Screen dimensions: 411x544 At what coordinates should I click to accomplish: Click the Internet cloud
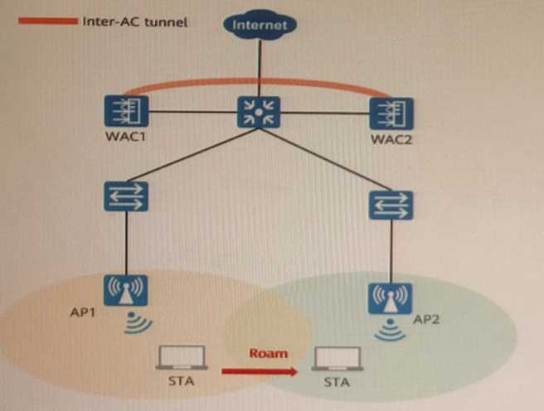(260, 24)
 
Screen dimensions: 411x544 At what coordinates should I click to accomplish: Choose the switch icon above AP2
(389, 204)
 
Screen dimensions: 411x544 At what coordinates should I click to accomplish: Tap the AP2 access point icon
(390, 298)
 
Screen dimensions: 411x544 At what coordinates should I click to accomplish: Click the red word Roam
(268, 353)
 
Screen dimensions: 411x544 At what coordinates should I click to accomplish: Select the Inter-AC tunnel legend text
(135, 20)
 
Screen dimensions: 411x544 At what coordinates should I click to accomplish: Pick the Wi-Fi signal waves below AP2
(389, 331)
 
